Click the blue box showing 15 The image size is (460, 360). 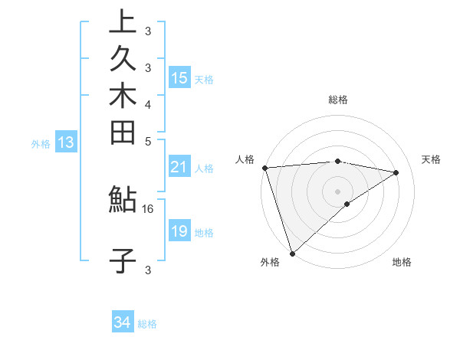pyautogui.click(x=179, y=78)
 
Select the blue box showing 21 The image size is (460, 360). pyautogui.click(x=179, y=167)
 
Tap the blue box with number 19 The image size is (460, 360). pyautogui.click(x=179, y=231)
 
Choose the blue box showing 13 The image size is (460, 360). pyautogui.click(x=66, y=142)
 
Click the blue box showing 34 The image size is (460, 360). pyautogui.click(x=122, y=323)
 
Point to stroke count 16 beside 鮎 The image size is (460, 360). pyautogui.click(x=148, y=208)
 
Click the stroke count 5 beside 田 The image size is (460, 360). pyautogui.click(x=148, y=141)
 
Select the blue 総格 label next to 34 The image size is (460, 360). pyautogui.click(x=147, y=324)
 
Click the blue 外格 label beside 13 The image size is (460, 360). pyautogui.click(x=41, y=142)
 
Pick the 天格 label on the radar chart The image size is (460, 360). pyautogui.click(x=431, y=159)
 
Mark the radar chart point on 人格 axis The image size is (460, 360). pyautogui.click(x=264, y=168)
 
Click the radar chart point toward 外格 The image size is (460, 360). pyautogui.click(x=293, y=253)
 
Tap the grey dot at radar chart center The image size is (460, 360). pyautogui.click(x=337, y=190)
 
